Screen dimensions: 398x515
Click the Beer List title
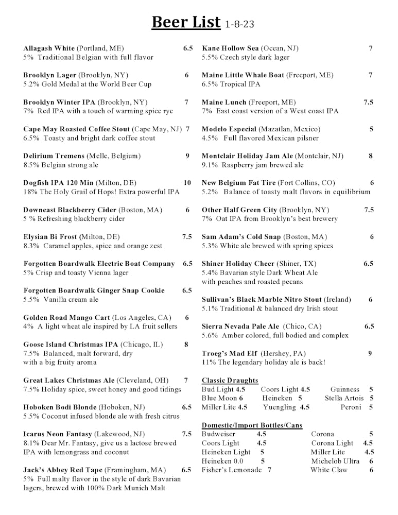point(186,23)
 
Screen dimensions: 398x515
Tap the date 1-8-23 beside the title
point(240,25)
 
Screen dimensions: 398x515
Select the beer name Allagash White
point(49,48)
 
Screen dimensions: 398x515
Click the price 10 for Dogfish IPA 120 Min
point(187,183)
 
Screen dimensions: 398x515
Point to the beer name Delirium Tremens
point(54,156)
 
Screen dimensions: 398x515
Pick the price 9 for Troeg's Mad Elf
point(370,353)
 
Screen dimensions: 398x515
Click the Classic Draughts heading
point(230,381)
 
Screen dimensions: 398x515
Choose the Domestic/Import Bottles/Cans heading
point(252,425)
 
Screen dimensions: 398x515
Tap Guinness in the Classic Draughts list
point(345,390)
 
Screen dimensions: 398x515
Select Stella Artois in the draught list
point(344,398)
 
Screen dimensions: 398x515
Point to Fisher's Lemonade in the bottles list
point(232,470)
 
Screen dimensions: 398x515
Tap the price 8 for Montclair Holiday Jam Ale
point(371,156)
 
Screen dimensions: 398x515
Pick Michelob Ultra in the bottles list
point(335,461)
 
